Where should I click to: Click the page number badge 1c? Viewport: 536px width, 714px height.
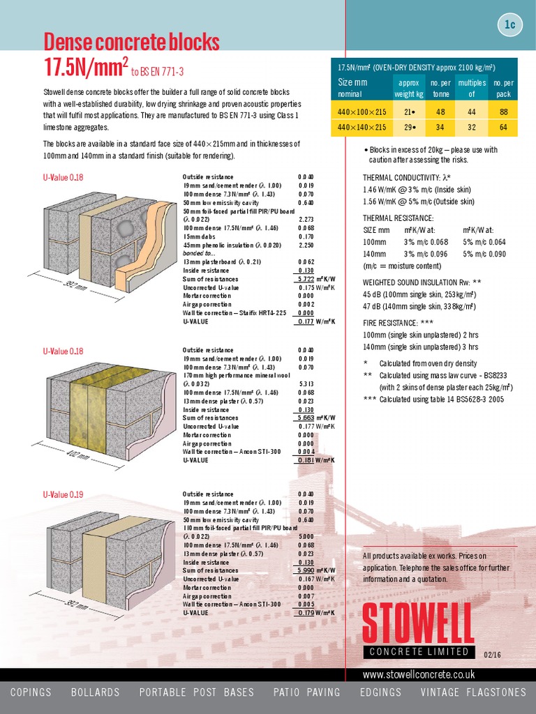coord(510,25)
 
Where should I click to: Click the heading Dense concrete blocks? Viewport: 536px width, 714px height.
coord(131,43)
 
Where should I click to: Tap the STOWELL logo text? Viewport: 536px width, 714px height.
coord(418,623)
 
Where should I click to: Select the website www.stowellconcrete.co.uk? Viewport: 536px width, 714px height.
coord(419,675)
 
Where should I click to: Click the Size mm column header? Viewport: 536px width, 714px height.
coord(352,82)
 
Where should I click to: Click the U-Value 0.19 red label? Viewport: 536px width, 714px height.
coord(63,494)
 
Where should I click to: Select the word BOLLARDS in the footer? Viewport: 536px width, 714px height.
coord(95,692)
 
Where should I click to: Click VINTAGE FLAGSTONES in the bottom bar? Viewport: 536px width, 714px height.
coord(473,692)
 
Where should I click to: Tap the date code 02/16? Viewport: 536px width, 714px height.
coord(492,654)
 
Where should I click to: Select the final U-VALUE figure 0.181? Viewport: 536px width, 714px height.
coord(305,460)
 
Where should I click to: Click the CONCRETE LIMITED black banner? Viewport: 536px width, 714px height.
coord(419,651)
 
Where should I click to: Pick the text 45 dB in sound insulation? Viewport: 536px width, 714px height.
coord(374,294)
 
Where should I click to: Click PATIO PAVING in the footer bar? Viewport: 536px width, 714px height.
coord(308,692)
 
